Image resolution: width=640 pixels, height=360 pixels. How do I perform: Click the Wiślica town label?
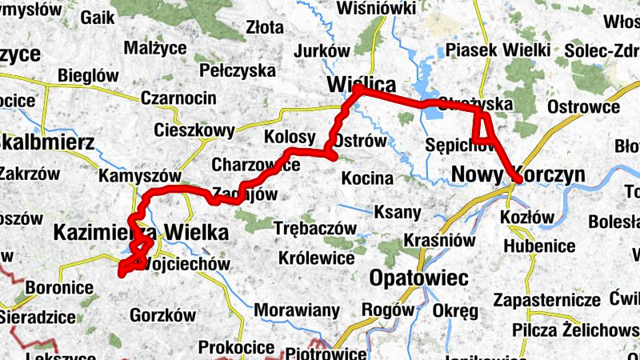click(x=362, y=84)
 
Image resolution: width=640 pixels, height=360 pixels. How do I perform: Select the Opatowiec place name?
click(x=419, y=278)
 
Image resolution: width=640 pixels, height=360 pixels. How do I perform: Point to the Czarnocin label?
click(x=178, y=98)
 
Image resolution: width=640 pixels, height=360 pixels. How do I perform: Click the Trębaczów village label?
click(x=314, y=228)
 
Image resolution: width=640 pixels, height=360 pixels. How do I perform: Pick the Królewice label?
click(x=317, y=258)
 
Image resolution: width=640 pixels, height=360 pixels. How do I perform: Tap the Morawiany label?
click(x=297, y=310)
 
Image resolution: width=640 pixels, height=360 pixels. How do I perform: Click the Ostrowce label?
click(x=583, y=107)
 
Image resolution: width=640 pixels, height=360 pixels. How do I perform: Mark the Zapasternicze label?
click(x=547, y=301)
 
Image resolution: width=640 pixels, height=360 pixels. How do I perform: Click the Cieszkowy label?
click(x=194, y=130)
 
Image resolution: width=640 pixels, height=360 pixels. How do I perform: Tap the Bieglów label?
click(x=82, y=74)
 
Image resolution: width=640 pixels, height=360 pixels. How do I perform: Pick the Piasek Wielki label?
click(x=498, y=50)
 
